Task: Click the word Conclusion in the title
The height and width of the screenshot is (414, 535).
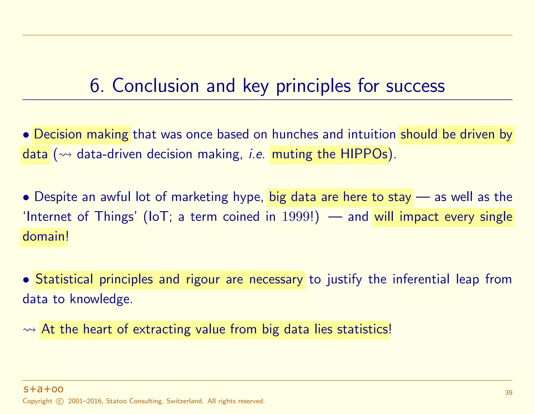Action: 155,86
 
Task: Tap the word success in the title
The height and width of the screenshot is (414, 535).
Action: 415,86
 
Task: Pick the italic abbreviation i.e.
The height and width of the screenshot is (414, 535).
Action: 257,154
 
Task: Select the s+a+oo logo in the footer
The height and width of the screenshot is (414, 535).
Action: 43,389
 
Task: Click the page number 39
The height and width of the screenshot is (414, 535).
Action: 508,393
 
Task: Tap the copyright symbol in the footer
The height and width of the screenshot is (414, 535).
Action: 60,401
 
